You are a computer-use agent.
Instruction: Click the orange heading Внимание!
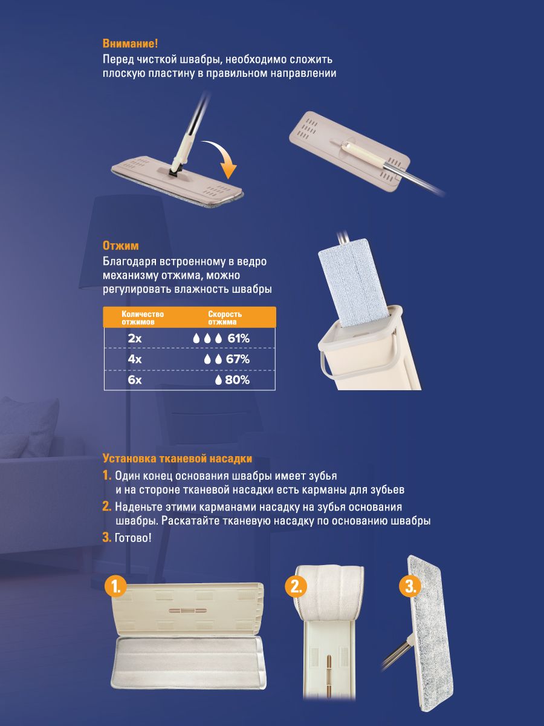point(130,44)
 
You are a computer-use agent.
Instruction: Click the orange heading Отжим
point(120,246)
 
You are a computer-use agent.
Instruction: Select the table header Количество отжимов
point(143,318)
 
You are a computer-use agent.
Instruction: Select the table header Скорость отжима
point(225,318)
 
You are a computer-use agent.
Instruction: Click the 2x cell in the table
point(135,338)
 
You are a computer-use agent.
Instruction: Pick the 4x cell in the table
point(135,359)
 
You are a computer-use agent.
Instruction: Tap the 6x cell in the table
point(135,380)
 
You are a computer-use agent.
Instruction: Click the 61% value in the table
point(239,338)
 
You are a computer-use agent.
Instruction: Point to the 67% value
point(238,359)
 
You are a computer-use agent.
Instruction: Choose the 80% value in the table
point(237,380)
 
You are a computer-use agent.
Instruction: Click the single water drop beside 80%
point(218,380)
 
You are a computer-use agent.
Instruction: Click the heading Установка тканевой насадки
point(177,459)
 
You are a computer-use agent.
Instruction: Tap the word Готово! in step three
point(133,538)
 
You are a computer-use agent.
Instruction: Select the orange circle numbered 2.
point(296,587)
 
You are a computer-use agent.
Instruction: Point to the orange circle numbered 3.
point(410,587)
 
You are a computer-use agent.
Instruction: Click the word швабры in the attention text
point(200,59)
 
